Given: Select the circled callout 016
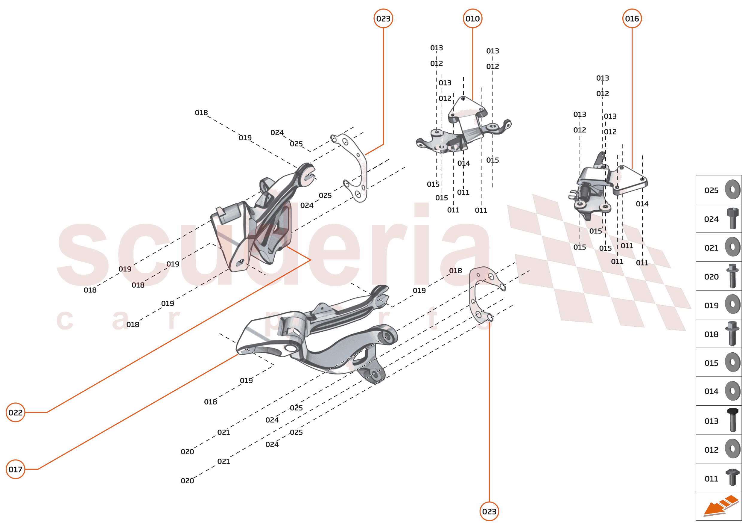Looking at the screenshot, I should click(x=632, y=19).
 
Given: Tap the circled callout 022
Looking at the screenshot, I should click(x=15, y=413).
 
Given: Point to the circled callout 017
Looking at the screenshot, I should click(x=15, y=469).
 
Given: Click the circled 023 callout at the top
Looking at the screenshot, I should click(x=383, y=19).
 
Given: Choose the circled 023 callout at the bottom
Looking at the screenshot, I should click(x=489, y=511).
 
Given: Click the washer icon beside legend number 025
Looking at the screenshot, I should click(x=732, y=189).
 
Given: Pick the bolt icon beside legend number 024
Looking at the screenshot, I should click(x=732, y=218).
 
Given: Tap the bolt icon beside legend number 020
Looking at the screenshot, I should click(x=732, y=276).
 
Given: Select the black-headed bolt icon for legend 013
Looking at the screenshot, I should click(x=732, y=420).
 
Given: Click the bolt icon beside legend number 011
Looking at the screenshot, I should click(x=732, y=477).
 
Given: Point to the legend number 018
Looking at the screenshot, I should click(x=711, y=334).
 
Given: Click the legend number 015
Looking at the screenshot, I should click(x=711, y=363).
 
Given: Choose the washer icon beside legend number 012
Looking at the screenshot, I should click(x=732, y=449).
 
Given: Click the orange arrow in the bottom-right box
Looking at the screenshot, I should click(x=717, y=507).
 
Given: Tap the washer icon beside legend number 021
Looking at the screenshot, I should click(x=732, y=247).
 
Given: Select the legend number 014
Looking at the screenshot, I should click(x=711, y=391).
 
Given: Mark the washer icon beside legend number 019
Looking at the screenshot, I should click(x=732, y=304).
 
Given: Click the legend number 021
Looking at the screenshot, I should click(x=711, y=248).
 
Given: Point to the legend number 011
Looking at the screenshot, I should click(x=711, y=479).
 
